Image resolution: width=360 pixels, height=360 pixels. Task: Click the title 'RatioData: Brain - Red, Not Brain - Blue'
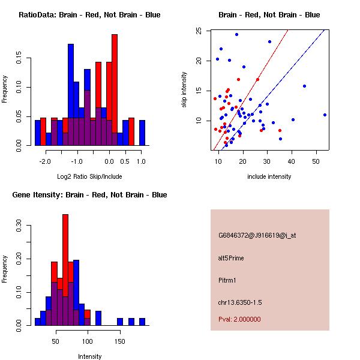(89, 15)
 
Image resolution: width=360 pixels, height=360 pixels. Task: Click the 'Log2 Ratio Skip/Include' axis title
(89, 176)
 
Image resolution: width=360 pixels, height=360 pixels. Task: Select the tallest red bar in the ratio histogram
(115, 90)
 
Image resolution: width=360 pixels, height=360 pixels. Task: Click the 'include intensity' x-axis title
(269, 176)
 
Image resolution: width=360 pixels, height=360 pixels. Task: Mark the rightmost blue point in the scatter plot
(325, 115)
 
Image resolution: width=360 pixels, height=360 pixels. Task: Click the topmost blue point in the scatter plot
(236, 35)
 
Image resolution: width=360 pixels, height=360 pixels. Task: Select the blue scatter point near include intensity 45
(304, 86)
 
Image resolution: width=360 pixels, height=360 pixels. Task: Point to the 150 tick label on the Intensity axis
(120, 341)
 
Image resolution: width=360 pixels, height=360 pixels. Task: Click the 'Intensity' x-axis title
(89, 356)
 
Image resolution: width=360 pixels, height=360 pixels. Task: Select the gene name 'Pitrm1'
(228, 280)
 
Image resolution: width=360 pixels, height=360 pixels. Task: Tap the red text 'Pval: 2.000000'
(239, 319)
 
